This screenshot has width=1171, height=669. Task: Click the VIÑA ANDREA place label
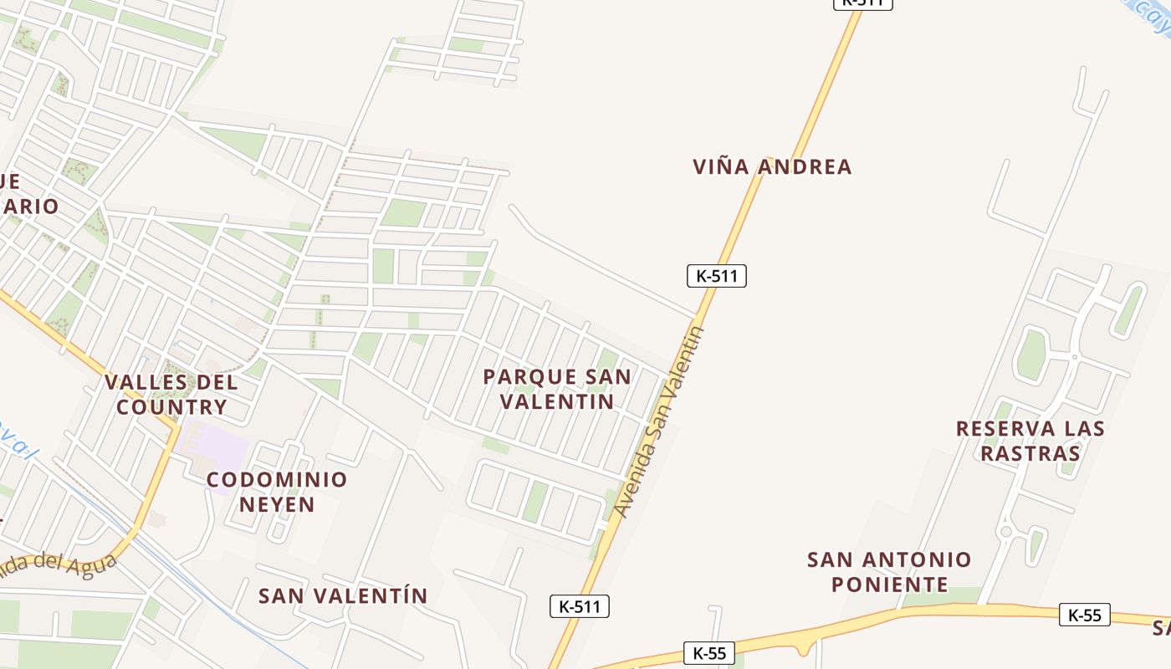point(772,166)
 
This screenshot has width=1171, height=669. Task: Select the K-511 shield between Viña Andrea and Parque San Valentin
point(716,275)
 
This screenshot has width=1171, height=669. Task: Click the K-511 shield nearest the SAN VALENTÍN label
point(579,606)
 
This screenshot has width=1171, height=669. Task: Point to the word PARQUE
point(519,377)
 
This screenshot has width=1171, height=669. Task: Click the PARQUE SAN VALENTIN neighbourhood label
point(557,389)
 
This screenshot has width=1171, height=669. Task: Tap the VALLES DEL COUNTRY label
point(171,395)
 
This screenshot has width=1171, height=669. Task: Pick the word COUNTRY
point(171,407)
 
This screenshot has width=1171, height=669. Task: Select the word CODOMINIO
point(277,480)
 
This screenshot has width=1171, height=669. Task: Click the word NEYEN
point(277,504)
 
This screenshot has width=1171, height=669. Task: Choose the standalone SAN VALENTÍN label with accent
point(343,595)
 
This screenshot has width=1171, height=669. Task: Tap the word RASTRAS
point(1030,453)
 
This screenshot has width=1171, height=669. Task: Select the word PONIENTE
point(890,584)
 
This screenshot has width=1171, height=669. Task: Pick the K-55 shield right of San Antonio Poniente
point(1084,615)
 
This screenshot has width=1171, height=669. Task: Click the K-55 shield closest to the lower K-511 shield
point(708,651)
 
